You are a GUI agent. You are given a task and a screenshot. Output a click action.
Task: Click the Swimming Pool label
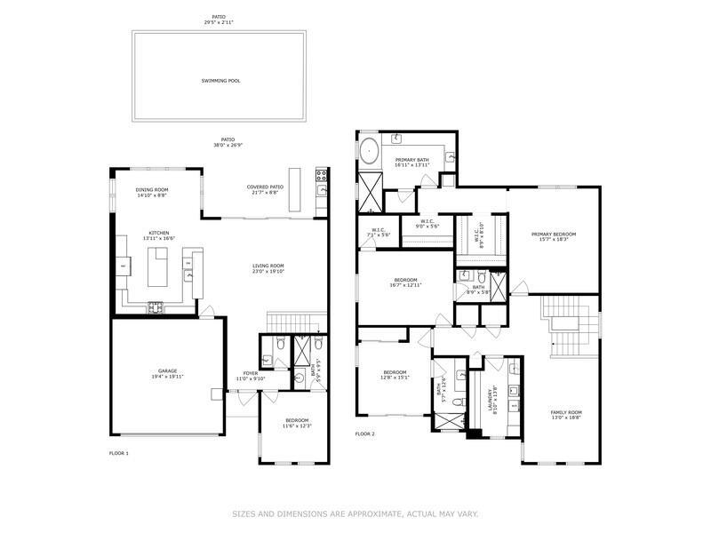[x=221, y=81]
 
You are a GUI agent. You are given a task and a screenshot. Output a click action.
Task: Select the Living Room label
[x=268, y=266]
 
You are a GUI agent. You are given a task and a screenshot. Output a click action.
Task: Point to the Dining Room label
[x=152, y=190]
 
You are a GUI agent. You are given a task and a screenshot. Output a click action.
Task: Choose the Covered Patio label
[x=266, y=187]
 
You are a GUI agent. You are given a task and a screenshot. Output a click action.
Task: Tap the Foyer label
[x=251, y=373]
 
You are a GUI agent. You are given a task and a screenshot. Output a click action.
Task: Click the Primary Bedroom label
[x=554, y=235]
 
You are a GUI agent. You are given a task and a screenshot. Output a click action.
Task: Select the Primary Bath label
[x=412, y=160]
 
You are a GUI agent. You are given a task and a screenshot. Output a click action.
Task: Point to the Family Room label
[x=565, y=412]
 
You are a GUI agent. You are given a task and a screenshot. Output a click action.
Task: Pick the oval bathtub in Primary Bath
[x=369, y=151]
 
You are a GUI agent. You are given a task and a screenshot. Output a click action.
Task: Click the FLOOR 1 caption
[x=119, y=453]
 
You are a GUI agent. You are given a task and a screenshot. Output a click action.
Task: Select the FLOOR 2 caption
[x=365, y=434]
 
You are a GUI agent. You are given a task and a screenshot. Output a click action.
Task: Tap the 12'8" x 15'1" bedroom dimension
[x=395, y=378]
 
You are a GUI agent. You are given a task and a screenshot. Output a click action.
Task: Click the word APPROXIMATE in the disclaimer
[x=365, y=513]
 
